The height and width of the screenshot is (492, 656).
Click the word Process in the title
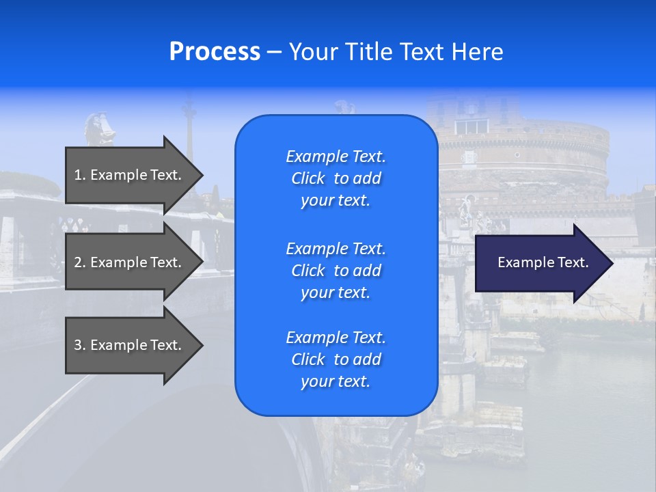(215, 52)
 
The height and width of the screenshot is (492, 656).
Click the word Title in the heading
(368, 52)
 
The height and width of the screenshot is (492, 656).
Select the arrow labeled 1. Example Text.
(130, 175)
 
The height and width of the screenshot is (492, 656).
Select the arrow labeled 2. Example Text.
(130, 262)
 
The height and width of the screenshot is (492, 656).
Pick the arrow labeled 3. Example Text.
(130, 345)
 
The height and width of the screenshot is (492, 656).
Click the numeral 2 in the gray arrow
(78, 262)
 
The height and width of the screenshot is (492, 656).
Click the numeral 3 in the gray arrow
(78, 345)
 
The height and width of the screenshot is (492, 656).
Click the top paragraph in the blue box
(336, 178)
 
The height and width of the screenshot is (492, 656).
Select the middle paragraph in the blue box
(336, 270)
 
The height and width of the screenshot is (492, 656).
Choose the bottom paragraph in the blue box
(336, 359)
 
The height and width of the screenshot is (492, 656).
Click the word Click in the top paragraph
(307, 178)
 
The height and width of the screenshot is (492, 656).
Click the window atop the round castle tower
(471, 126)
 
